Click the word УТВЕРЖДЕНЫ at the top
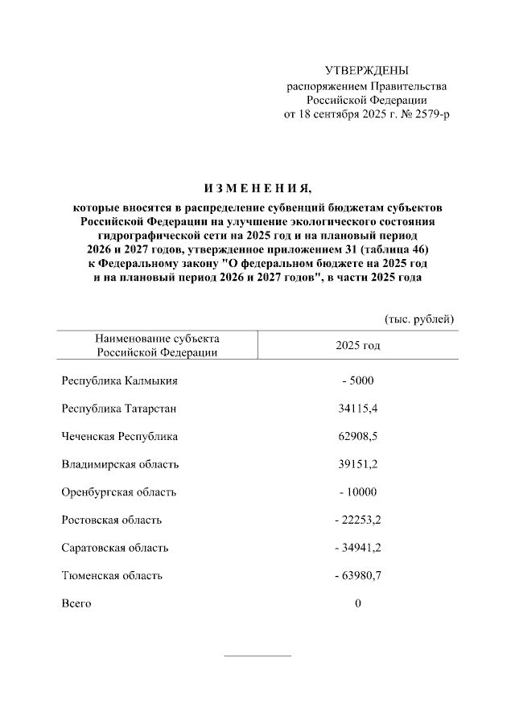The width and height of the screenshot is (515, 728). [366, 71]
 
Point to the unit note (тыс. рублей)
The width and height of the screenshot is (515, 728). [419, 319]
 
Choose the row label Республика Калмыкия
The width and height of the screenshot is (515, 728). [119, 380]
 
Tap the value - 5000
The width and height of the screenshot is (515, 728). [358, 380]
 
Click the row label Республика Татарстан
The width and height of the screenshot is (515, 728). [119, 409]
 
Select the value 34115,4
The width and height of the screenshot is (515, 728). [358, 409]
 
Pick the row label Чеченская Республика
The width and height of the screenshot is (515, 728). [120, 437]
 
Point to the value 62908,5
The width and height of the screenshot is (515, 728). [358, 437]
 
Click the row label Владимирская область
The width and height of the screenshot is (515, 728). [121, 464]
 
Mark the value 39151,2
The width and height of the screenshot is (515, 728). [358, 464]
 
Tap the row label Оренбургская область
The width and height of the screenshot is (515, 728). [119, 492]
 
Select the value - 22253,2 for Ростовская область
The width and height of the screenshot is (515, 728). [358, 520]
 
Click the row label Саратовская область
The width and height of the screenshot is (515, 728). [115, 548]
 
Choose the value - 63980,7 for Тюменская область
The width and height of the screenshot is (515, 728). [358, 575]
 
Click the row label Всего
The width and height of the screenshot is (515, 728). [76, 603]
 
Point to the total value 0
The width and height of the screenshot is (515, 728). [358, 603]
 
